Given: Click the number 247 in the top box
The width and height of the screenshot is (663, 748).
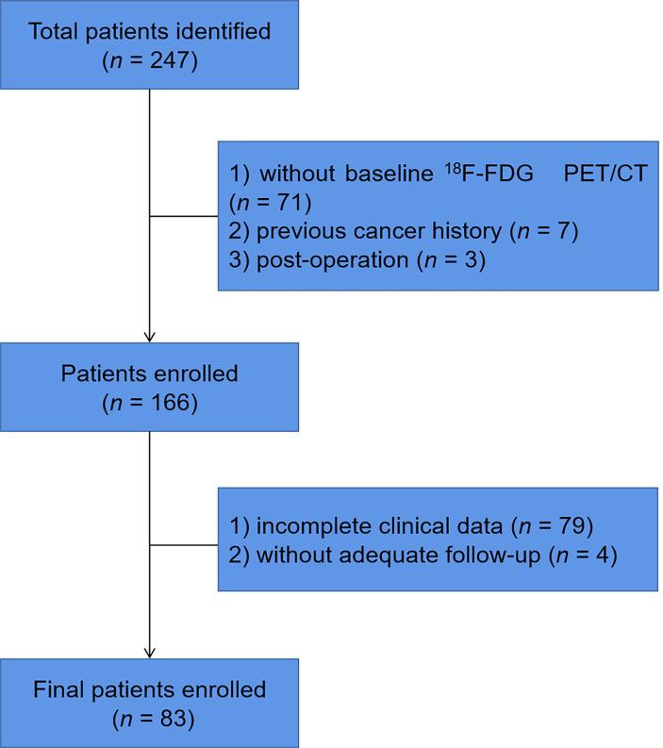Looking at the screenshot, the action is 170,60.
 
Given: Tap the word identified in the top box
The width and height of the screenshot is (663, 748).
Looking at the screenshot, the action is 224,31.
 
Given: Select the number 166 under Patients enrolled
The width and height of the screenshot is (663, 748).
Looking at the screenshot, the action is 170,403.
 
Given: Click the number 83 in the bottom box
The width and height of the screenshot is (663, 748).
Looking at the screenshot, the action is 173,719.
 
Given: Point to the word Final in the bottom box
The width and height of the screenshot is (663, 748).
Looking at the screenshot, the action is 59,690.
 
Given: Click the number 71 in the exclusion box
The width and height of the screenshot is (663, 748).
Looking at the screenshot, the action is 289,202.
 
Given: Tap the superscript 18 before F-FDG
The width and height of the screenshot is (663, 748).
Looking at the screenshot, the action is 453,168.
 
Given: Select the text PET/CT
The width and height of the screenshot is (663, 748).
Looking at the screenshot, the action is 605,174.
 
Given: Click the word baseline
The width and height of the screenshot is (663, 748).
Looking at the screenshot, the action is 389,174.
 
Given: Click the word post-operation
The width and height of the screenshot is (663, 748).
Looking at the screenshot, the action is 333,260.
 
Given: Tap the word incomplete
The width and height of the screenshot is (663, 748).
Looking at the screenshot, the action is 314,526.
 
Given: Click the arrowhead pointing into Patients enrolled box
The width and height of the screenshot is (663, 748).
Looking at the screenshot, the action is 150,338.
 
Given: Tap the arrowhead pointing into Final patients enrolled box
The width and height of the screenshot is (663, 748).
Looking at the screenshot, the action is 150,653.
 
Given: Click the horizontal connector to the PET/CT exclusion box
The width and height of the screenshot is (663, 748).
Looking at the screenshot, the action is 184,216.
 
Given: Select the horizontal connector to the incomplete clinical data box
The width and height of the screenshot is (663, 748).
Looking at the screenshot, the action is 184,545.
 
